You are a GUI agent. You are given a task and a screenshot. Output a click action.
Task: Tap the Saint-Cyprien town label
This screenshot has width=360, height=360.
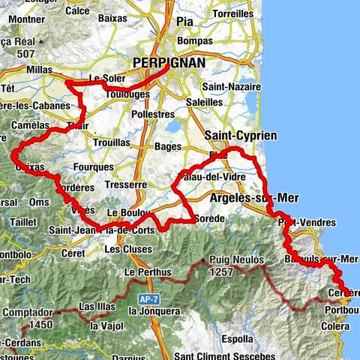(240, 135)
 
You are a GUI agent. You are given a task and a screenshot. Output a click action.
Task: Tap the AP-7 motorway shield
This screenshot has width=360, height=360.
(142, 296)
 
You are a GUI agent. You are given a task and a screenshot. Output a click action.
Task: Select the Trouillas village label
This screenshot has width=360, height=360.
(112, 142)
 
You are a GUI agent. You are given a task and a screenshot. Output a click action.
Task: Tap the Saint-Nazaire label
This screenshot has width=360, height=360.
(235, 87)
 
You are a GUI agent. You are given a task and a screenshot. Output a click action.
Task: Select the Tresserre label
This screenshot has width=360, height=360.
(126, 184)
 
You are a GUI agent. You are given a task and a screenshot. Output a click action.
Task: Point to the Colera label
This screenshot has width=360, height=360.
(334, 326)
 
